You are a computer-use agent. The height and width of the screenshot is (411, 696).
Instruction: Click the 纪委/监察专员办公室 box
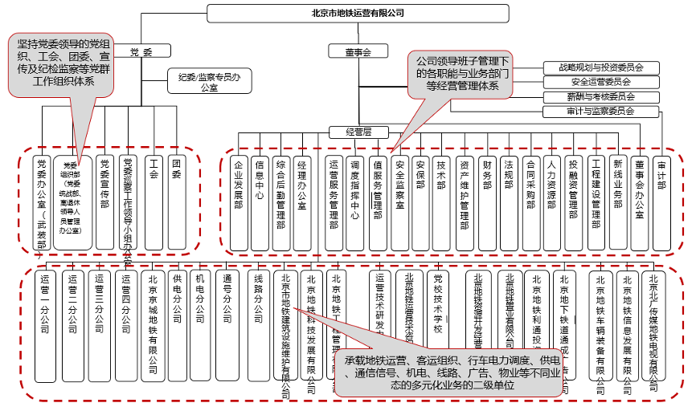pos(210,81)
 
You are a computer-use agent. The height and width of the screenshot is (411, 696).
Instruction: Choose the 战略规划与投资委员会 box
pos(601,67)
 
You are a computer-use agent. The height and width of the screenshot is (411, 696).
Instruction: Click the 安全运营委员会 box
pos(601,82)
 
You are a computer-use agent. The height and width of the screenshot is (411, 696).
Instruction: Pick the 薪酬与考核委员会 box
pos(601,96)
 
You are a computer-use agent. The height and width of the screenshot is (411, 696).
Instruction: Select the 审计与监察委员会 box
pos(601,111)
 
